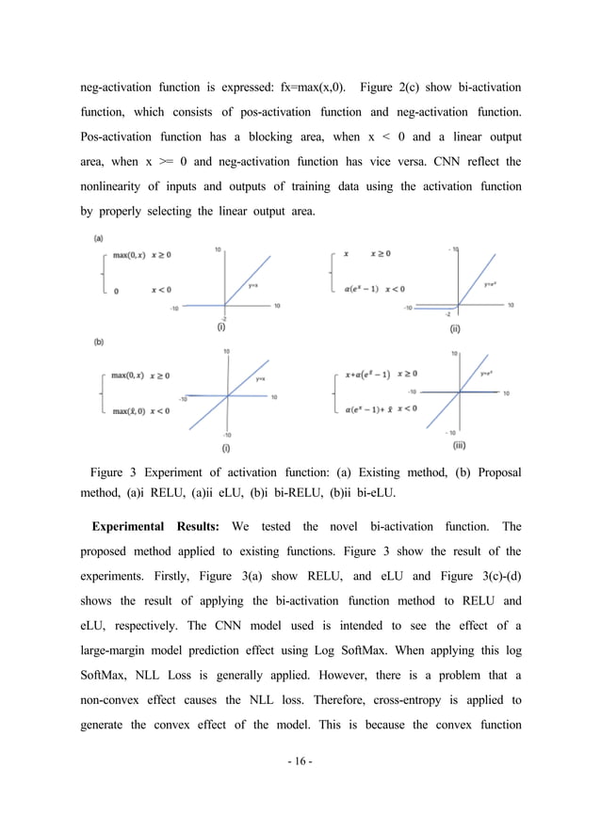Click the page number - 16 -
pyautogui.click(x=301, y=761)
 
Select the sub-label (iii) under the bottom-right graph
pyautogui.click(x=459, y=444)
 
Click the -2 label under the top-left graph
pyautogui.click(x=223, y=319)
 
